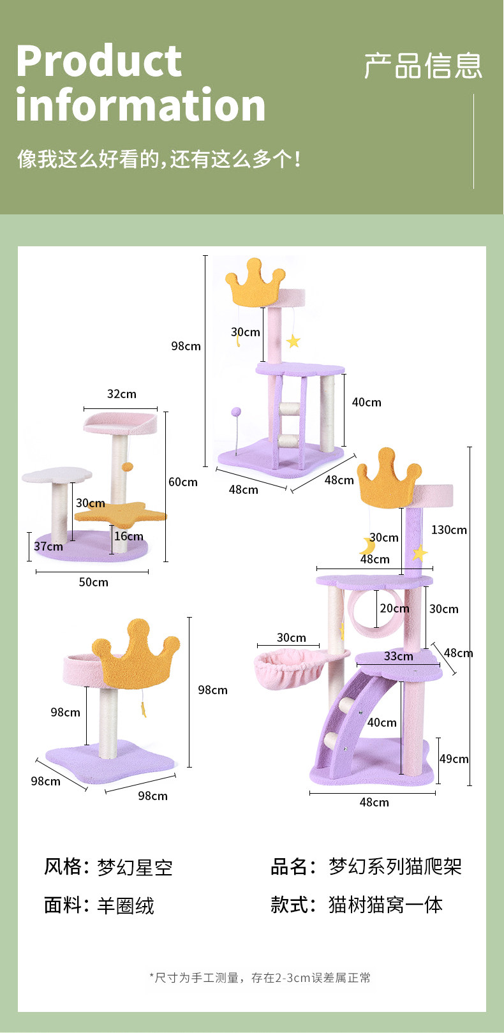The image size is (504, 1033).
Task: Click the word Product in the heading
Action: click(99, 61)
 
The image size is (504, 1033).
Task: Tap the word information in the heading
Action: click(140, 105)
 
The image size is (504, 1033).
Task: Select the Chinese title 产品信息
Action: click(423, 66)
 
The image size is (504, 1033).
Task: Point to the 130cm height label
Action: click(449, 530)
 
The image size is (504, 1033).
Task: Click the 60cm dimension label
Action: click(183, 482)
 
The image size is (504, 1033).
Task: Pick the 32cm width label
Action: click(121, 394)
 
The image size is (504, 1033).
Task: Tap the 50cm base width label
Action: click(94, 582)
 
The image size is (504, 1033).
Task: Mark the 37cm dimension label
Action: click(48, 546)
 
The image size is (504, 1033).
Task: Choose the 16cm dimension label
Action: click(129, 536)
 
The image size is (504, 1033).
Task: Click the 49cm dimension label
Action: click(454, 759)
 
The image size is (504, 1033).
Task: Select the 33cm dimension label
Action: click(399, 656)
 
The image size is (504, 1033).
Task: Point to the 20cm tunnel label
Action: click(395, 608)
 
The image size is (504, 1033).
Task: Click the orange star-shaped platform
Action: click(121, 512)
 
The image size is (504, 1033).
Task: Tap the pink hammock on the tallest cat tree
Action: click(290, 670)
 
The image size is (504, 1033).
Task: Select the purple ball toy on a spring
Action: click(236, 412)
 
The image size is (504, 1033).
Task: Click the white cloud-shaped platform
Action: click(56, 475)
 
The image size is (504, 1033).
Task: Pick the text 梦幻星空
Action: click(135, 868)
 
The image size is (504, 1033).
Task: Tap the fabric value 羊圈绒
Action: click(126, 906)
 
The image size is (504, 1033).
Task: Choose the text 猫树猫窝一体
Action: click(385, 905)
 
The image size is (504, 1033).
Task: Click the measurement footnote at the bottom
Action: click(260, 977)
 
